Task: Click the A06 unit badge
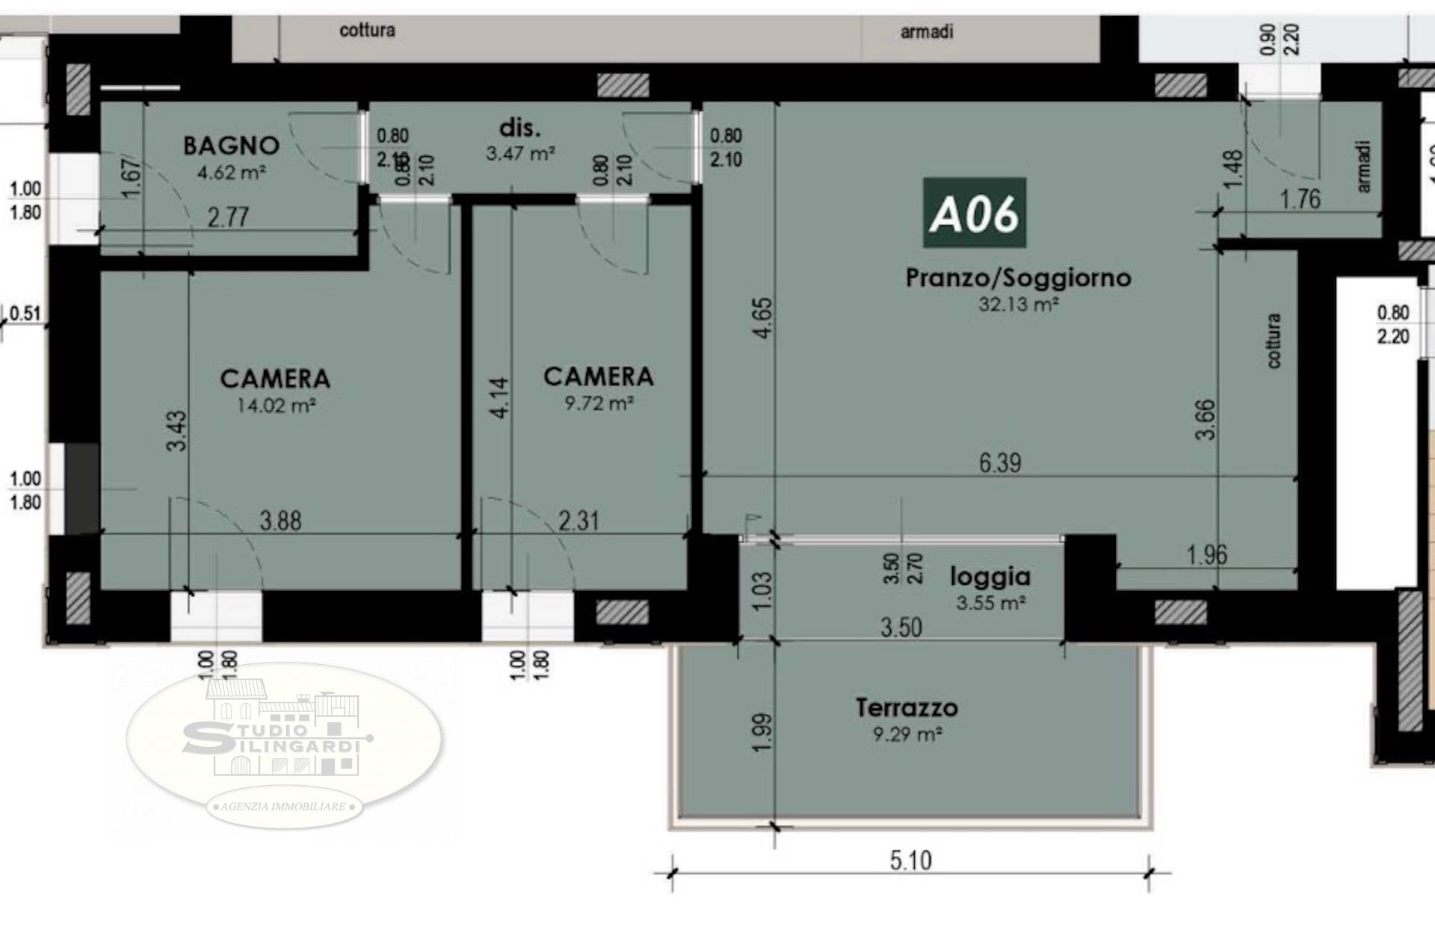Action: tap(974, 213)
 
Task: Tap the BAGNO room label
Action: tap(231, 145)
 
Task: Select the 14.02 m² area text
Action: tap(276, 406)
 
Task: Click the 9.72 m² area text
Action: tap(599, 403)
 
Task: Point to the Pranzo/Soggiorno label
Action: tap(1018, 278)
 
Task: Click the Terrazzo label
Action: tap(907, 707)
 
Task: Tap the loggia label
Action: tap(990, 577)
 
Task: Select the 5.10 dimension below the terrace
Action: tap(910, 861)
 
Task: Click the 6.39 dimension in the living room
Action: tap(999, 462)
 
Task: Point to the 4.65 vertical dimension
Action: tap(763, 318)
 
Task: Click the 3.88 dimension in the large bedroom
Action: tap(280, 521)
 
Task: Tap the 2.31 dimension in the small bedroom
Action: tap(578, 521)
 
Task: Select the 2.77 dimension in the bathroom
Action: tap(227, 217)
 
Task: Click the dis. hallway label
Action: tap(519, 128)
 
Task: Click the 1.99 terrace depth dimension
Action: tap(761, 733)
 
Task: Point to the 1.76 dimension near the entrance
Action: tap(1300, 199)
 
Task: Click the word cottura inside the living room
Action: tap(1274, 340)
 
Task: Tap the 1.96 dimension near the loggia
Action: tap(1206, 555)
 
